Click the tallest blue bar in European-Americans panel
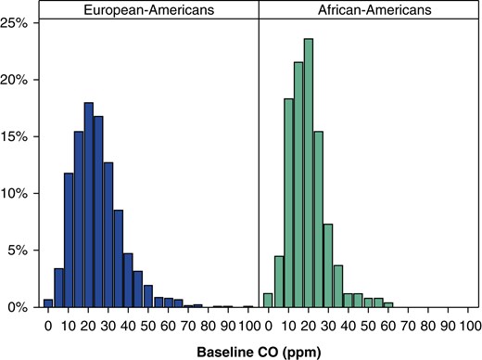coord(89,204)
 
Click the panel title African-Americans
coord(369,9)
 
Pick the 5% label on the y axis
coord(21,251)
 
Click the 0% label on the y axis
coord(21,307)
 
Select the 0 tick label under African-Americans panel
coord(267,326)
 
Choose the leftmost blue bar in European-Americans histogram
coord(48,302)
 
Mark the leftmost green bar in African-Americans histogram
coord(268,300)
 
